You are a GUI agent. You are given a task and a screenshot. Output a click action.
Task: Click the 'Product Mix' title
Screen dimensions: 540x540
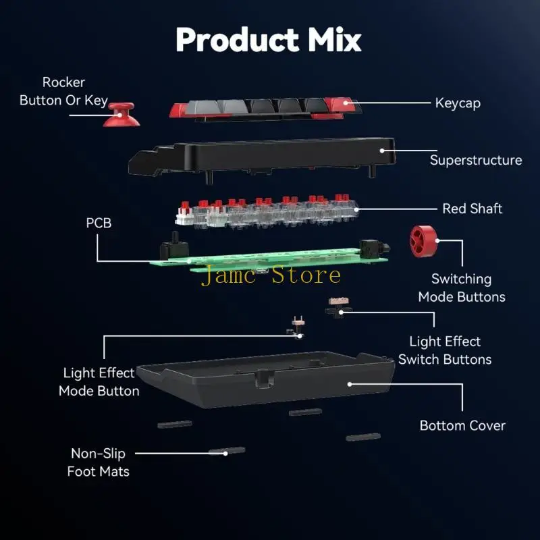pyautogui.click(x=269, y=40)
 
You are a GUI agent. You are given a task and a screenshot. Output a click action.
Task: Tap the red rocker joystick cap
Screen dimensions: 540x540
pyautogui.click(x=122, y=114)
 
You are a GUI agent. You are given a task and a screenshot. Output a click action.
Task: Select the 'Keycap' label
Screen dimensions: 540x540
pyautogui.click(x=458, y=103)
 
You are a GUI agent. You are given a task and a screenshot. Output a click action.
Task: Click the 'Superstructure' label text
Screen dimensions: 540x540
pyautogui.click(x=476, y=160)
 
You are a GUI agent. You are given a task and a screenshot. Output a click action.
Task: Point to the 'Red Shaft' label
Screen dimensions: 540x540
pyautogui.click(x=472, y=209)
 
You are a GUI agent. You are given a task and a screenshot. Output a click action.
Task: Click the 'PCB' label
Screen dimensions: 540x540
pyautogui.click(x=99, y=222)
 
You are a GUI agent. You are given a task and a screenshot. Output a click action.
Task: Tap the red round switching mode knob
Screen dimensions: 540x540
pyautogui.click(x=424, y=242)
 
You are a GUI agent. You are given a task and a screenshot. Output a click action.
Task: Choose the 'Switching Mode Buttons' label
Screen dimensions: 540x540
pyautogui.click(x=462, y=288)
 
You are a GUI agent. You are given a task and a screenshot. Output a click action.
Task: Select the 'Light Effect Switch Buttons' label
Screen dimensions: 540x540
pyautogui.click(x=445, y=350)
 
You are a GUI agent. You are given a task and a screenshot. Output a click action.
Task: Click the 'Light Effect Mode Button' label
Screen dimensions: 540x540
pyautogui.click(x=99, y=381)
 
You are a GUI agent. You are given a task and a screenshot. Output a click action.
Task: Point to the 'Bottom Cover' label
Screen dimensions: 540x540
pyautogui.click(x=462, y=425)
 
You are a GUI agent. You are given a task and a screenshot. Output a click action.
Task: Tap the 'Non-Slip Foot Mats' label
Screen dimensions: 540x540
pyautogui.click(x=99, y=462)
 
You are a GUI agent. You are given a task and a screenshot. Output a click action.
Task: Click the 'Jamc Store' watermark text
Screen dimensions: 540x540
pyautogui.click(x=270, y=275)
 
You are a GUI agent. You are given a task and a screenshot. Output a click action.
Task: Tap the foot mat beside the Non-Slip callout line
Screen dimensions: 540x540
pyautogui.click(x=227, y=450)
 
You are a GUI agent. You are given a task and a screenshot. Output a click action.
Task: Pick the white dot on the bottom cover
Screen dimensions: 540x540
pyautogui.click(x=350, y=383)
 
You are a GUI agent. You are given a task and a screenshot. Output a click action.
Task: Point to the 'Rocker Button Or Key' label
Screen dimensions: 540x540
pyautogui.click(x=63, y=91)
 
